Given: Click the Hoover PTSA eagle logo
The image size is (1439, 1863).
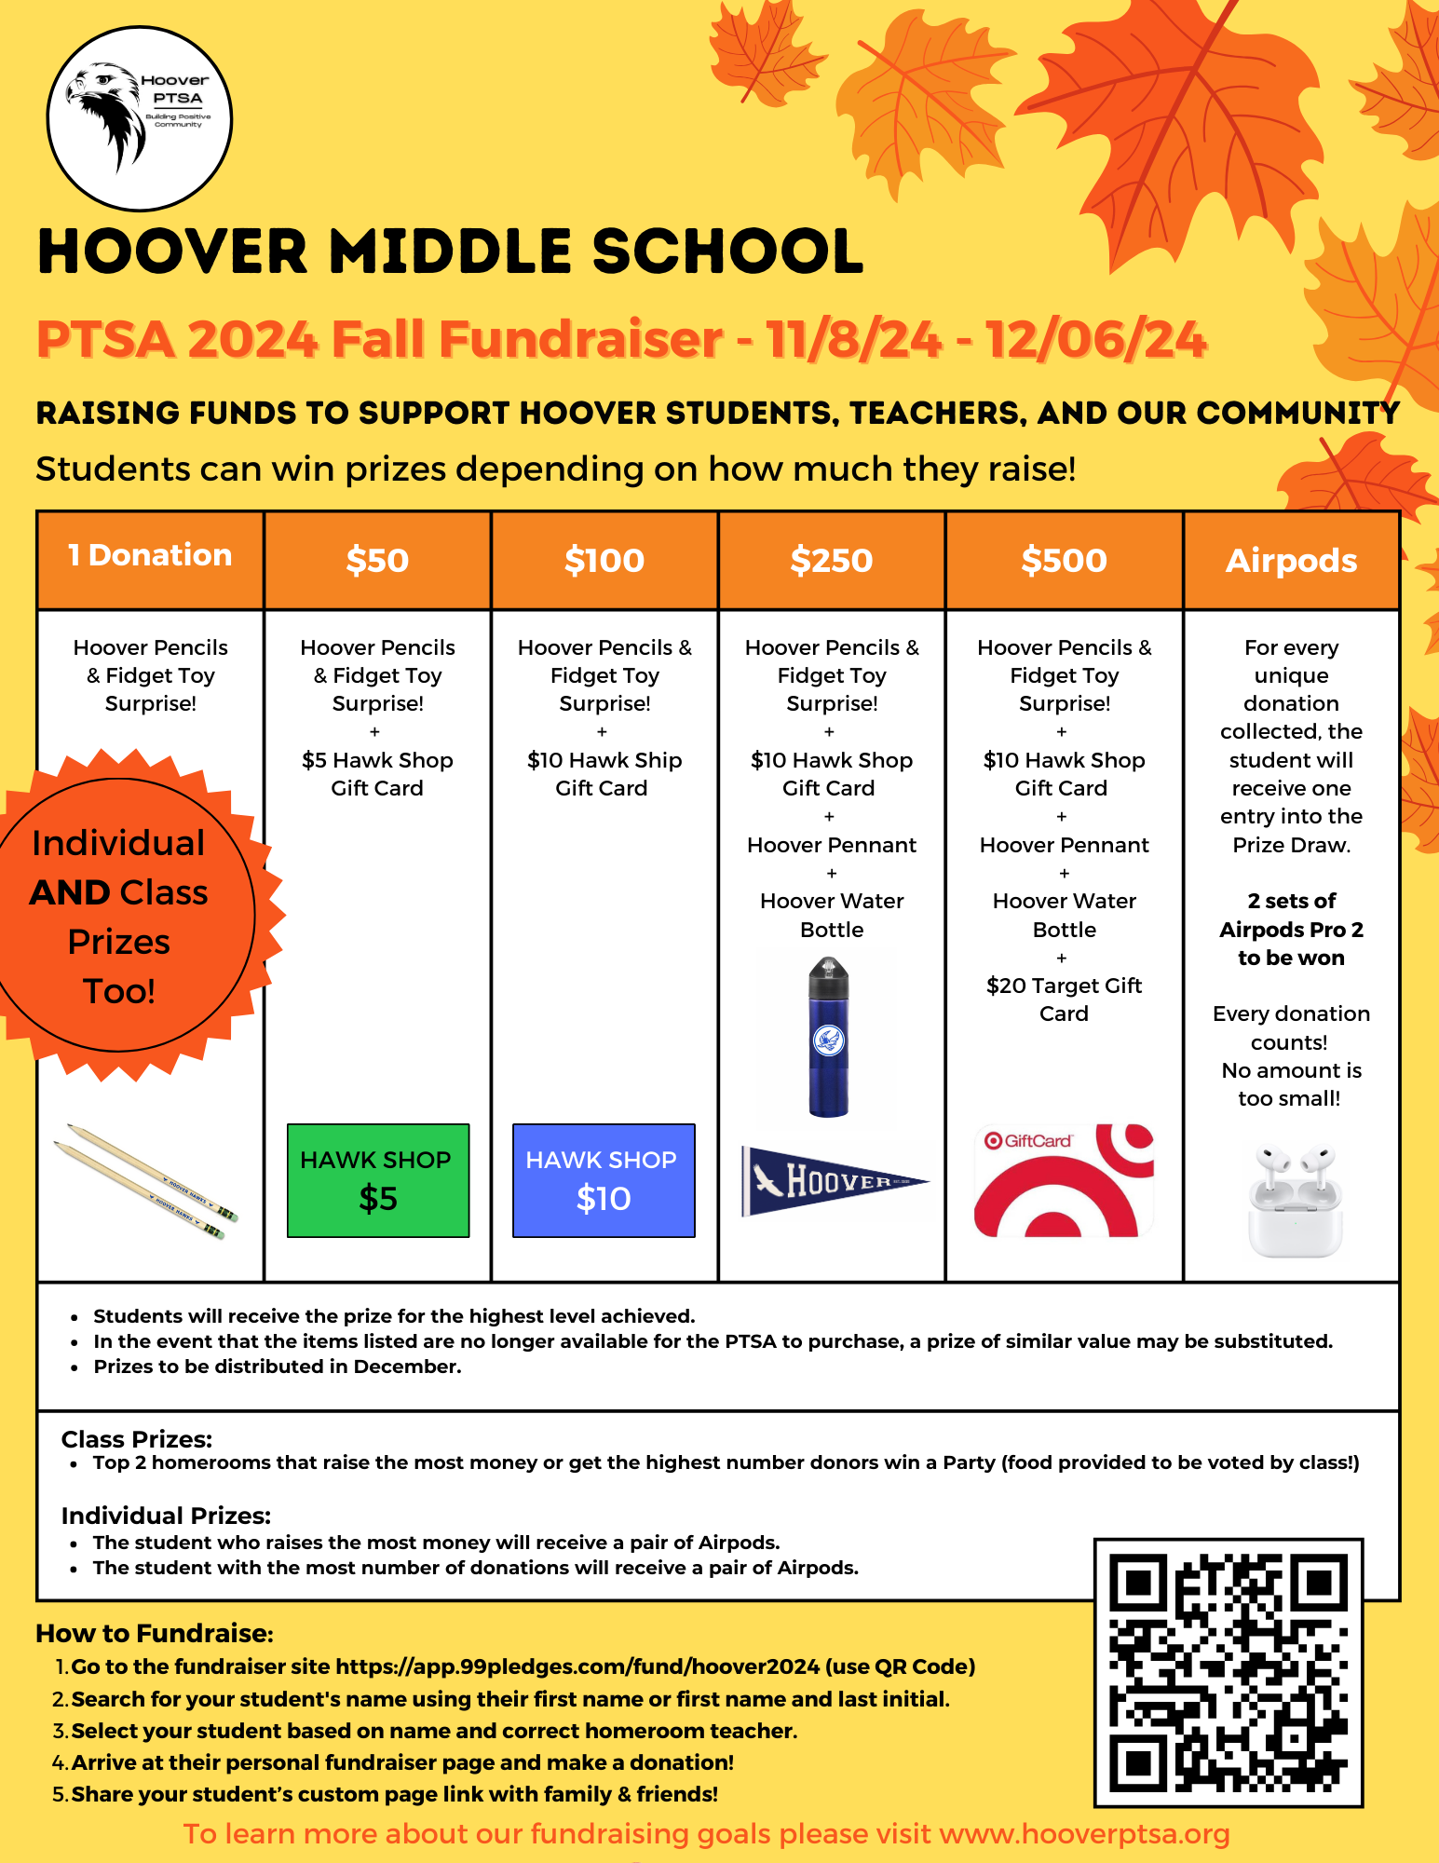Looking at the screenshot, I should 139,118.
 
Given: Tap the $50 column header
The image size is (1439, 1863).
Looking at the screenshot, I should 377,560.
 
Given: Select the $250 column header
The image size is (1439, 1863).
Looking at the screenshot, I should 832,560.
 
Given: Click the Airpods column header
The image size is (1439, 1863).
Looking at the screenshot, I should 1291,560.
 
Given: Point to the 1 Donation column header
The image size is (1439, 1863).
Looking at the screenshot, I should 150,556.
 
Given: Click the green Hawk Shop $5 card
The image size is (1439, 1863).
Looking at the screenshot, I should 378,1180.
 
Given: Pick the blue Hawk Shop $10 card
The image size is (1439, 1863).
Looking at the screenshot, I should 604,1180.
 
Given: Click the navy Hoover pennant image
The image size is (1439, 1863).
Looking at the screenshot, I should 834,1181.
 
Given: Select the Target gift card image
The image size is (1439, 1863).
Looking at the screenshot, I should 1064,1180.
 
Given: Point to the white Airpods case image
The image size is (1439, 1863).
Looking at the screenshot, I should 1296,1202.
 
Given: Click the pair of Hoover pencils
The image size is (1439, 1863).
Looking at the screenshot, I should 146,1183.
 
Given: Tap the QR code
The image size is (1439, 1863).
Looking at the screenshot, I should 1229,1672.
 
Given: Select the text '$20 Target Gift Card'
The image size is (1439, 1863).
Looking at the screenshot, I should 1064,999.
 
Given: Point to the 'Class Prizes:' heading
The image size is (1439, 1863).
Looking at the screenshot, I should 137,1439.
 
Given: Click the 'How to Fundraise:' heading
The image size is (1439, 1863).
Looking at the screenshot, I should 155,1633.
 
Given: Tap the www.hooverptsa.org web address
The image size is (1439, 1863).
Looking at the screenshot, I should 1084,1833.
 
